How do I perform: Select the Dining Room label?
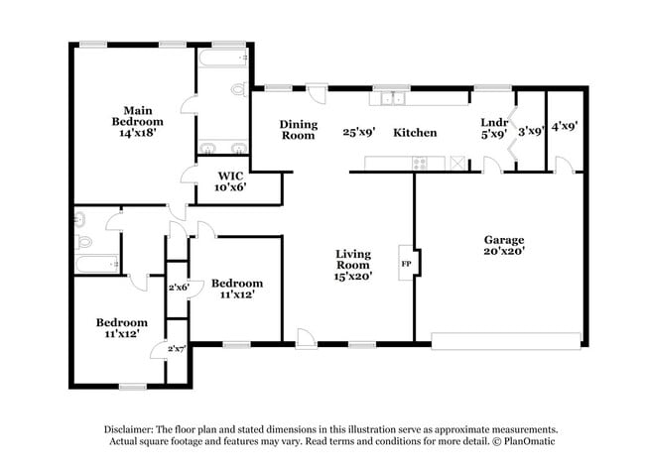pos(298,129)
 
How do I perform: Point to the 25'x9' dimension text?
pos(358,132)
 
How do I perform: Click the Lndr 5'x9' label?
pos(493,127)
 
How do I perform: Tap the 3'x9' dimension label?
pos(531,130)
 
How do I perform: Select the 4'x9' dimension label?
pos(564,126)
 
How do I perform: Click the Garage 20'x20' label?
pos(504,246)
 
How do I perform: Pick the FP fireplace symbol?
pos(407,264)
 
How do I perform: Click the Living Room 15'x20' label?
pos(352,266)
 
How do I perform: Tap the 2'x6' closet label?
pos(179,288)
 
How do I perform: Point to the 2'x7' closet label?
pos(178,348)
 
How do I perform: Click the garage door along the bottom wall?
pos(506,340)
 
